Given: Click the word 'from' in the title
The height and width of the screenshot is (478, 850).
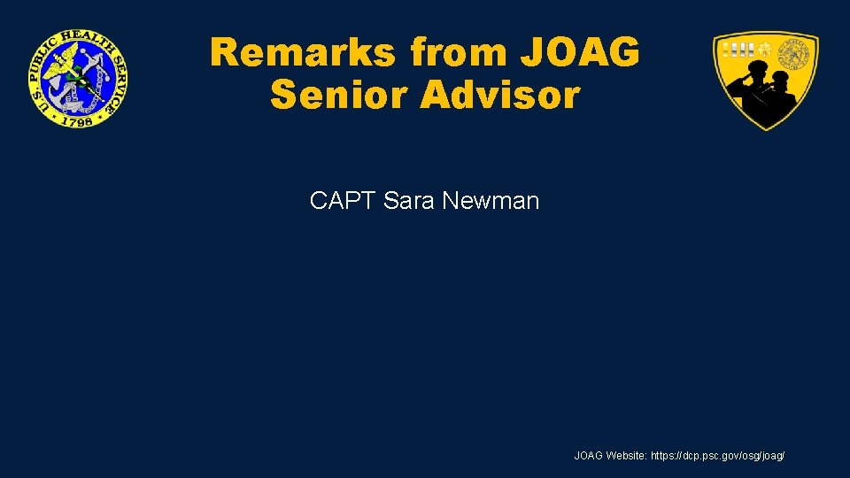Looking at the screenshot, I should pyautogui.click(x=458, y=53).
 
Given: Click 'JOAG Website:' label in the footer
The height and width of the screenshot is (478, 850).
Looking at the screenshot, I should pyautogui.click(x=610, y=456).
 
